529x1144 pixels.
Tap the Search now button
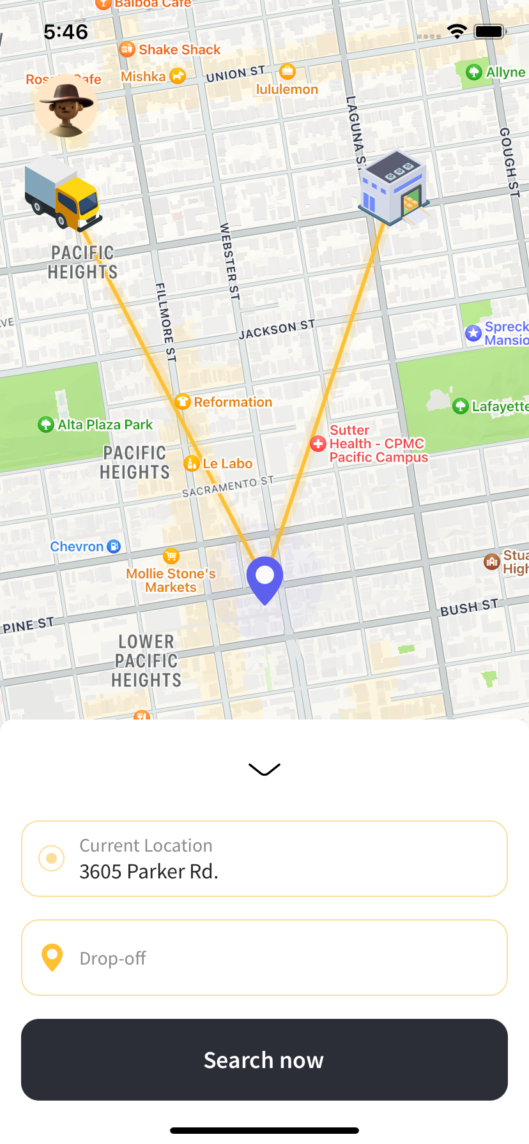pyautogui.click(x=264, y=1060)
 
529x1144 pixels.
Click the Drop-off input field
pyautogui.click(x=264, y=958)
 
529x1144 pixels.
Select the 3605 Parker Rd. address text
pyautogui.click(x=149, y=871)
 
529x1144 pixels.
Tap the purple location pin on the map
pyautogui.click(x=264, y=578)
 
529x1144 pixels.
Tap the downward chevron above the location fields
pyautogui.click(x=264, y=769)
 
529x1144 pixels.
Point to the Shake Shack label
pyautogui.click(x=179, y=50)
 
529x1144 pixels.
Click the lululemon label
pyautogui.click(x=287, y=89)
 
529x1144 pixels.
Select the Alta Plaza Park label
pyautogui.click(x=105, y=425)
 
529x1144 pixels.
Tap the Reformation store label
pyautogui.click(x=233, y=402)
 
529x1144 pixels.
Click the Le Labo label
pyautogui.click(x=227, y=463)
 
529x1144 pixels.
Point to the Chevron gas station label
pyautogui.click(x=77, y=546)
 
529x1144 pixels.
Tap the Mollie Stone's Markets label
pyautogui.click(x=171, y=580)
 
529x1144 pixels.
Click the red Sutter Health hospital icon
pyautogui.click(x=318, y=444)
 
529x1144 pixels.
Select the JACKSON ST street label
pyautogui.click(x=277, y=329)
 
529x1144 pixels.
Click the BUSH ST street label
pyautogui.click(x=469, y=607)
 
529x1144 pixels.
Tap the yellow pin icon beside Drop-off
pyautogui.click(x=52, y=958)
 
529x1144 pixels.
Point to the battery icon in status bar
pyautogui.click(x=490, y=32)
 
